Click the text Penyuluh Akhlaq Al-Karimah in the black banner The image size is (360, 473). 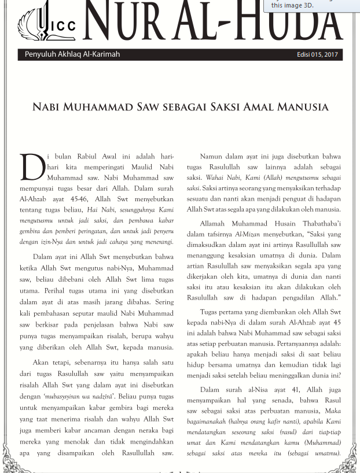point(72,55)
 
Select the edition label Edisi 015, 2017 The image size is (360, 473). point(317,55)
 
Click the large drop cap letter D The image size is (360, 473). point(31,167)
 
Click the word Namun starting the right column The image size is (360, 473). point(212,157)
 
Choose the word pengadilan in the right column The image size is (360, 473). point(289,297)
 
